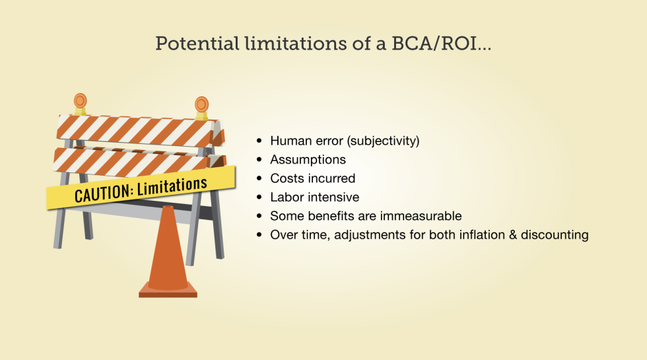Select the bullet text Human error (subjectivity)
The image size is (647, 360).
(x=345, y=141)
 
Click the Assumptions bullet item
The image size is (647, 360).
(x=308, y=160)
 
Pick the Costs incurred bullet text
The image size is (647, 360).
(x=312, y=178)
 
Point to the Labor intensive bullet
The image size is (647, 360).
(x=314, y=197)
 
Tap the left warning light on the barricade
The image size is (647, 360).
(x=80, y=101)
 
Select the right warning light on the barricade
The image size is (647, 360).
(x=201, y=104)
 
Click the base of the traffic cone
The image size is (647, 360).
(x=168, y=291)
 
